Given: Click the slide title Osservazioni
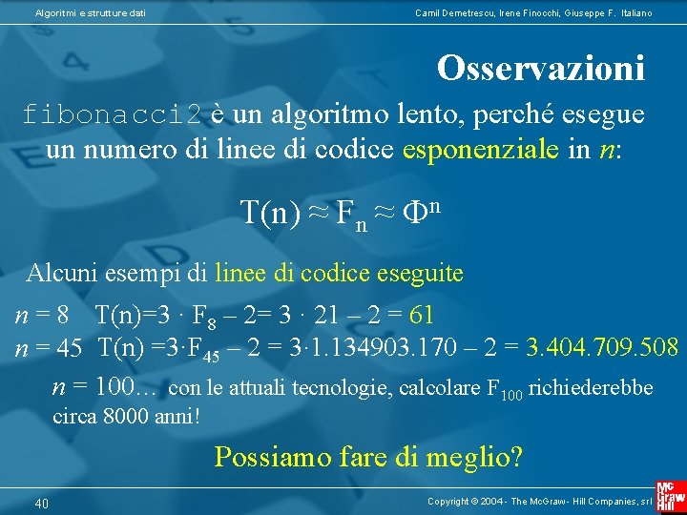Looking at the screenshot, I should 540,68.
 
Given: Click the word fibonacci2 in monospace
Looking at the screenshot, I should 112,115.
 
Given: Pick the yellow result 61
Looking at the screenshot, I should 421,314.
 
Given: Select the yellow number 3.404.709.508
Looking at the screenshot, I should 603,347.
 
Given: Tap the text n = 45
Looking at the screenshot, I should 49,347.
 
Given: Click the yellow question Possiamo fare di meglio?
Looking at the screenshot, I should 368,457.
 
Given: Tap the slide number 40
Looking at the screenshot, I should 42,504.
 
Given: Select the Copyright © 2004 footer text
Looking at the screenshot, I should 539,502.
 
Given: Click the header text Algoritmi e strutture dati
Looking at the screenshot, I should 91,12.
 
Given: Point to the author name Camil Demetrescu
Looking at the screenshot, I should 449,12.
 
